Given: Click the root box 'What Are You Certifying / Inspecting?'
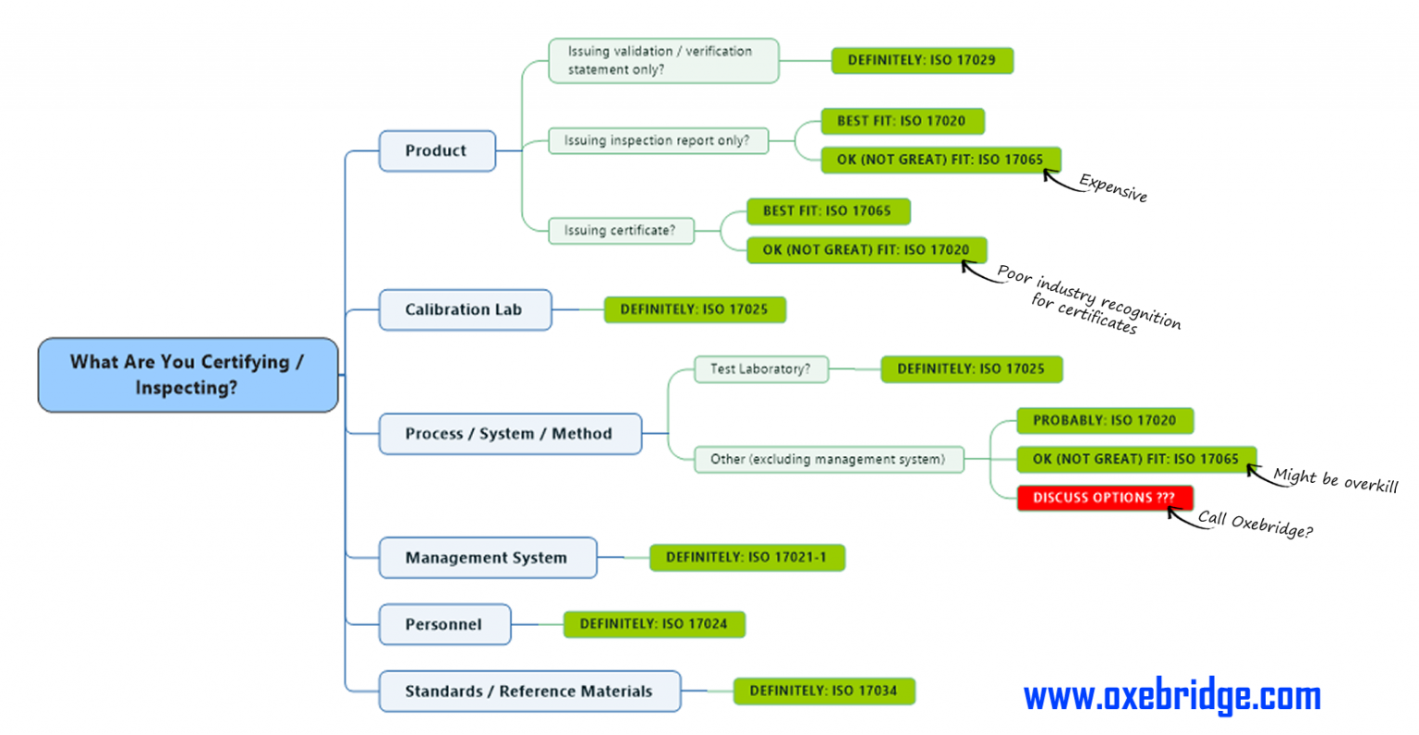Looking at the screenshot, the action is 188,375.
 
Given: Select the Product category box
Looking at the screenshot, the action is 437,151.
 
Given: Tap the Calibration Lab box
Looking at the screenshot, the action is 465,309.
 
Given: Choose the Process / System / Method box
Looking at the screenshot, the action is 510,434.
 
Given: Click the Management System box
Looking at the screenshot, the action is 488,558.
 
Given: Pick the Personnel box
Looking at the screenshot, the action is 444,624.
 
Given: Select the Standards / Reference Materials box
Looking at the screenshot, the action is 529,692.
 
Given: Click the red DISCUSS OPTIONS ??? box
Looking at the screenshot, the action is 1106,498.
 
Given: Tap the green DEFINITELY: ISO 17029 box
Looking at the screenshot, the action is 922,60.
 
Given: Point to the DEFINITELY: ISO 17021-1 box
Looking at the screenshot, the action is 747,558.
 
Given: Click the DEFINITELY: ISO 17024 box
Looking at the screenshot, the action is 654,624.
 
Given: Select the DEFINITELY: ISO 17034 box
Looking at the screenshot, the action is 824,692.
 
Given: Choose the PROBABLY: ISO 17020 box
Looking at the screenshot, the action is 1106,421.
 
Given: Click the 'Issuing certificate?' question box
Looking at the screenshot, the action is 621,231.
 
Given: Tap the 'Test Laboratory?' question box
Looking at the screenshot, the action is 761,369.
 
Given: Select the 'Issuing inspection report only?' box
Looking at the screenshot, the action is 658,140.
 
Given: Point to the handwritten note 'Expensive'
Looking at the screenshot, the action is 1113,188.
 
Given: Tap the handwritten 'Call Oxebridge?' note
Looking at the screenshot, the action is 1255,524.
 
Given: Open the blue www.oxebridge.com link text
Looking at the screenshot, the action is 1172,696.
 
